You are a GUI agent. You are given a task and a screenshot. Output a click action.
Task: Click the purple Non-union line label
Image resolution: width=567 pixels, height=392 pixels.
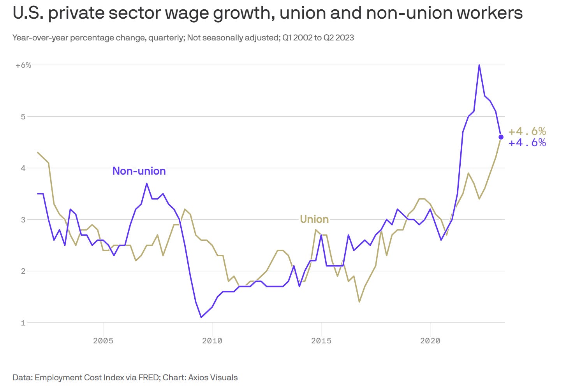[x=139, y=171]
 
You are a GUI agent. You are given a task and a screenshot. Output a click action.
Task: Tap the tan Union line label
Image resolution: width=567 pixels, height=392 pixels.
[x=314, y=219]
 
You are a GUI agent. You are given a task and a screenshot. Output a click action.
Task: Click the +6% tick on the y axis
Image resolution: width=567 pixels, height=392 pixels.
[x=23, y=65]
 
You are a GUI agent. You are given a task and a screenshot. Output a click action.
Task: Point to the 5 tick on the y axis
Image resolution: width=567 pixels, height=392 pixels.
[x=23, y=117]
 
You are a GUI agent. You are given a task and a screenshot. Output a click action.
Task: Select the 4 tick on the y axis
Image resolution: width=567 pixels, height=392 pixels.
[x=23, y=168]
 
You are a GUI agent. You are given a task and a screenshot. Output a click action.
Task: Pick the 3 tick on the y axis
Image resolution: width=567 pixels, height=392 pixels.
[x=23, y=220]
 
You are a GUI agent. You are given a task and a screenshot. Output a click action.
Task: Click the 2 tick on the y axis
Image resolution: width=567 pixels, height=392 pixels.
[x=23, y=271]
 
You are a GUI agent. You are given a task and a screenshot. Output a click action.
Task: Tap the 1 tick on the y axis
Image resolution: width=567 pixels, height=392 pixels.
[x=23, y=323]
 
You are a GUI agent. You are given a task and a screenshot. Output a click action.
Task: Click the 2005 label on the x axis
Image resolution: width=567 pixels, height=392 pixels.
[x=103, y=341]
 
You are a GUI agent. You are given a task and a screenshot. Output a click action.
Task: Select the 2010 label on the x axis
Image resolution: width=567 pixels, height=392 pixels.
[x=212, y=341]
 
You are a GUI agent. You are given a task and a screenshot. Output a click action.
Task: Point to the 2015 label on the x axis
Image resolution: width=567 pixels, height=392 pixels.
[x=321, y=341]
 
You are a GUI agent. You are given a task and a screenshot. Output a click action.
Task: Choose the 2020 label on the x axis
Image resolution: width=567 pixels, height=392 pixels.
[x=430, y=341]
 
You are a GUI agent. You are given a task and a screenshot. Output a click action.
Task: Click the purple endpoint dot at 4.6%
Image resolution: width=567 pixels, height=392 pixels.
[x=501, y=137]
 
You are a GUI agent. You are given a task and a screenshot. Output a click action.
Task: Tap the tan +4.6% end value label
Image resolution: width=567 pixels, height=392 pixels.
[x=527, y=131]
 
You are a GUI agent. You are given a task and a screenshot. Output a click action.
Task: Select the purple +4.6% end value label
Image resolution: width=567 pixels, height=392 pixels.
[x=527, y=143]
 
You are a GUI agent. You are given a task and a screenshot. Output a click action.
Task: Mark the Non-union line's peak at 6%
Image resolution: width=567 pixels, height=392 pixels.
[x=479, y=65]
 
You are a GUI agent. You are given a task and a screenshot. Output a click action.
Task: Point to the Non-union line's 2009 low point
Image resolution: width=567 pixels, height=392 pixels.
[x=201, y=317]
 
